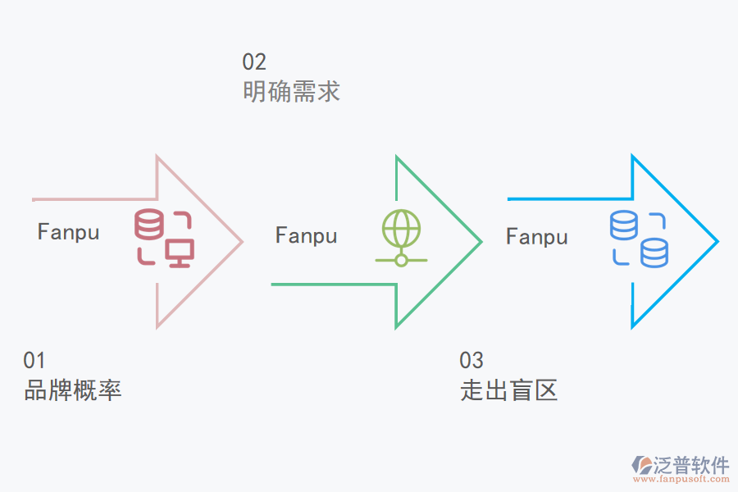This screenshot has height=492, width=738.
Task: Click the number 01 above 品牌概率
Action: [x=34, y=360]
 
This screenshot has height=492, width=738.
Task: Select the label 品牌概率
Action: [x=73, y=389]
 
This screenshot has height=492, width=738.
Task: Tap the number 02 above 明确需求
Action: [x=254, y=61]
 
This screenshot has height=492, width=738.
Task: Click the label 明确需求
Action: [x=291, y=91]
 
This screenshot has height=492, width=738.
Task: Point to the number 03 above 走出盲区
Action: [x=471, y=360]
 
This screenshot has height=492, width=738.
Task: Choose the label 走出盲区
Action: [x=509, y=389]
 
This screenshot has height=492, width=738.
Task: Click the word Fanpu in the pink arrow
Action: [x=68, y=232]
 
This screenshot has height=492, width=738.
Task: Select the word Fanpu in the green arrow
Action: [x=306, y=236]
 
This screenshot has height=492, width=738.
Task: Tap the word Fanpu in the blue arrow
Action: [x=536, y=237]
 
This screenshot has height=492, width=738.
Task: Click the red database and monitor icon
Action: [x=164, y=238]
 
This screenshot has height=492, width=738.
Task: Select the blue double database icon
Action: [x=639, y=239]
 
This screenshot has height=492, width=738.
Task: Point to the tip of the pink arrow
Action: [x=242, y=241]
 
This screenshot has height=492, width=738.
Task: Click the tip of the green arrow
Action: [x=480, y=241]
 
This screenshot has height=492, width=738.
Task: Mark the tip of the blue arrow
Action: [x=717, y=241]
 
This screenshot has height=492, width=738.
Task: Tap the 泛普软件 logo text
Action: [x=690, y=465]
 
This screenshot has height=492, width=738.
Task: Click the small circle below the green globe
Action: [x=401, y=260]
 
